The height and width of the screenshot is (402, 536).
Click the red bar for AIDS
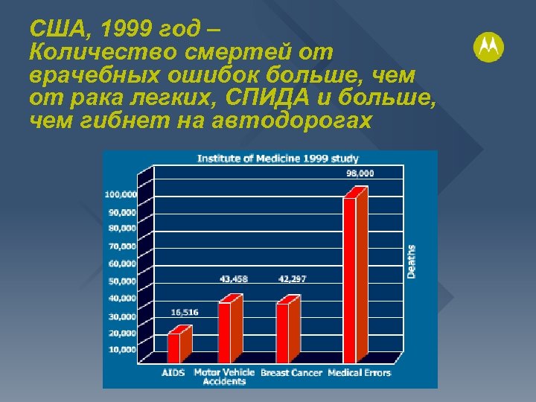[174, 345]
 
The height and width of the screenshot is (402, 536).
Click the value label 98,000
[360, 173]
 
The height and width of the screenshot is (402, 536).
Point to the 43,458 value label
[234, 279]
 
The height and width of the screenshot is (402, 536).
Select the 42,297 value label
[292, 279]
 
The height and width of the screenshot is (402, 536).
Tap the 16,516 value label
[185, 313]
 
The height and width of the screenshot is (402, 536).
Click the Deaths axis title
[412, 262]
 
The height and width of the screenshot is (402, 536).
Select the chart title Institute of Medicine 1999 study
[278, 158]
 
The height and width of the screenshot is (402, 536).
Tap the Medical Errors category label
[360, 373]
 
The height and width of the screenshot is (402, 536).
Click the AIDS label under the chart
[173, 373]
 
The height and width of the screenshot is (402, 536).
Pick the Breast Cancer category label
[292, 373]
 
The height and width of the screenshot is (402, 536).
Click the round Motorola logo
[488, 48]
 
